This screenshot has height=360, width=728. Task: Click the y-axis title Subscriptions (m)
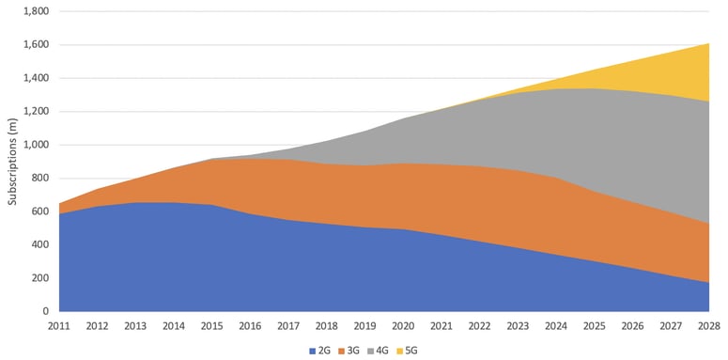point(12,161)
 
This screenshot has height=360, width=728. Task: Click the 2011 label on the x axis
point(58,326)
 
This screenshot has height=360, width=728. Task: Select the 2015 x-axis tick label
point(211,326)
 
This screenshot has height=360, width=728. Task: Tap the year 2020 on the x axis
point(403,326)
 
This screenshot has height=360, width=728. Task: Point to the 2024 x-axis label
point(556,326)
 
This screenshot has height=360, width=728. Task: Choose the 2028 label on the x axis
point(709,326)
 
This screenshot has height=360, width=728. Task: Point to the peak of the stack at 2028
point(708,43)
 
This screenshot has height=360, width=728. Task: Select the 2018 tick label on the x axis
point(326,326)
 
